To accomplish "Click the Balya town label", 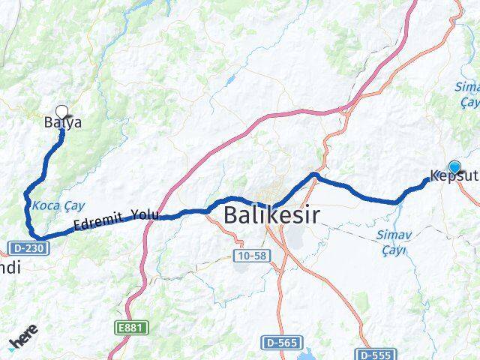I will click(62, 122).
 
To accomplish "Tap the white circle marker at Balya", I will click(61, 111).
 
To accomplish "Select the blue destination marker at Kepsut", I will click(454, 167).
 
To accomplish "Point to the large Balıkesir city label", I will click(271, 216).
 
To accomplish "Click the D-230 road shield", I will click(24, 247).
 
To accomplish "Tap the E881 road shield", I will click(137, 327).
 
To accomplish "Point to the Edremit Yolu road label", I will click(116, 220).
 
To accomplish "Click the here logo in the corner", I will click(24, 343).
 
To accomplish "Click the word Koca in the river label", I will click(44, 205).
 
